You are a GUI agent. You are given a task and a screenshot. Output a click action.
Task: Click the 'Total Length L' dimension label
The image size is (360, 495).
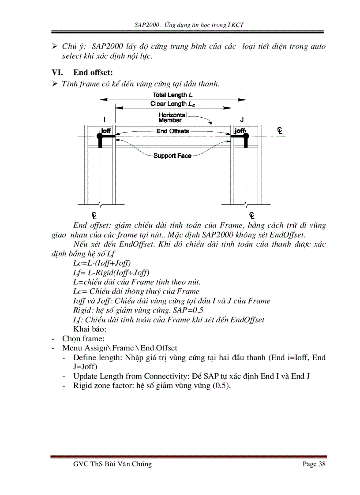pos(172,95)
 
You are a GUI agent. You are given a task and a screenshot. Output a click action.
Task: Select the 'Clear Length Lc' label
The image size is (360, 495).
pos(172,104)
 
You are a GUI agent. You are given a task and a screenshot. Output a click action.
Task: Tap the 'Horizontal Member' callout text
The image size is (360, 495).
pos(172,117)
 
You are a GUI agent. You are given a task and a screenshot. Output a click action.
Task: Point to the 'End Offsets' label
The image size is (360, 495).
pos(172,131)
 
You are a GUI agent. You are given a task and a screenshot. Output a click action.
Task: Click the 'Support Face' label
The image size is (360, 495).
pos(172,156)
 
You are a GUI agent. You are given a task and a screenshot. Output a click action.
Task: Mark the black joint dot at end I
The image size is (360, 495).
pos(100,137)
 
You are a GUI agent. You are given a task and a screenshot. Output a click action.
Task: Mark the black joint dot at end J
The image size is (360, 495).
pos(246,137)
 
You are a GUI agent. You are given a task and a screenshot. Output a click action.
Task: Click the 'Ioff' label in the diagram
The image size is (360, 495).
pos(106,131)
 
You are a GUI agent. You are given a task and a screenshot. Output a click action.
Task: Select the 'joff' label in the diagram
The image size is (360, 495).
pos(240,131)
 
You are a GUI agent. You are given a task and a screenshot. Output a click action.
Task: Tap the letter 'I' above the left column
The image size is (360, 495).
pos(105,119)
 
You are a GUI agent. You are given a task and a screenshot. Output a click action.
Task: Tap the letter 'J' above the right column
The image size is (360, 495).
pos(241,119)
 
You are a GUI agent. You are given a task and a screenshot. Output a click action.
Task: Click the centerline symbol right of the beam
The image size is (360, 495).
pos(280,130)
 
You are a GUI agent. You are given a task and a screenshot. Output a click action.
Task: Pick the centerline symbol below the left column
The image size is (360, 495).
pos(94,215)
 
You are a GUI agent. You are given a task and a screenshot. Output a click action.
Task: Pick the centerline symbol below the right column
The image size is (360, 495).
pos(251,215)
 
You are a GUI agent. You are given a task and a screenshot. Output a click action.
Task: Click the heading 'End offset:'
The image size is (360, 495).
pos(93,72)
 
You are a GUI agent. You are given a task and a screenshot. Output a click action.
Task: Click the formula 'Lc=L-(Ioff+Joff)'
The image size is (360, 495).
pos(102,263)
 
